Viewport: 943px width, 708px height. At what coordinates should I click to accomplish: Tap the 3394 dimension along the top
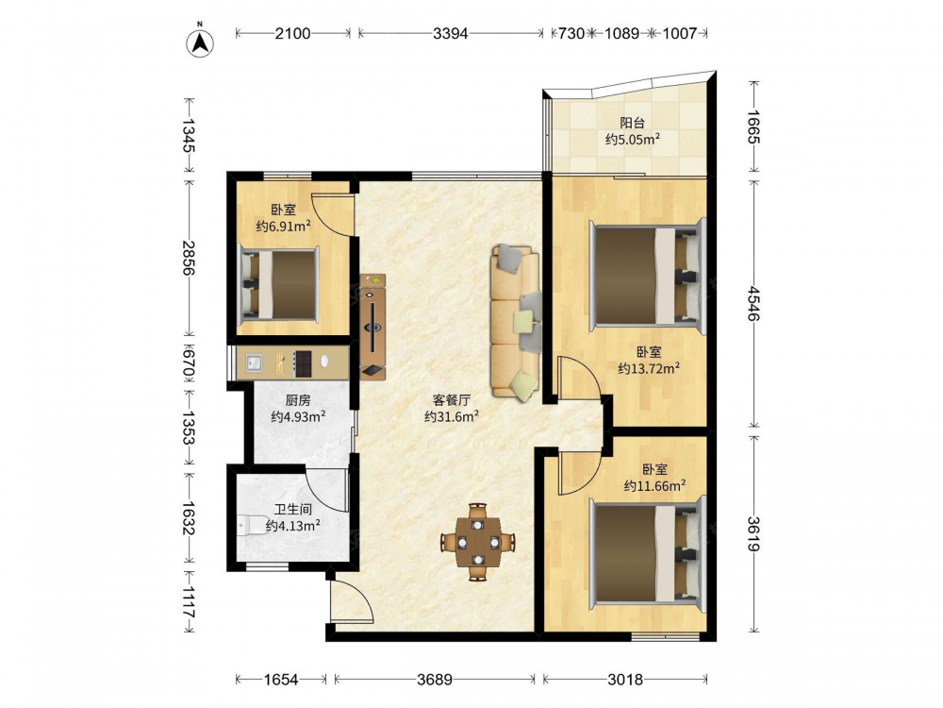(451, 33)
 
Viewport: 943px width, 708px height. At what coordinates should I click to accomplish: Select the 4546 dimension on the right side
(754, 305)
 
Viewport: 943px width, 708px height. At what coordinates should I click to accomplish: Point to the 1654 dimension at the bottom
(281, 680)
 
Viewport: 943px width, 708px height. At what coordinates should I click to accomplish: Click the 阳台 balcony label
(633, 124)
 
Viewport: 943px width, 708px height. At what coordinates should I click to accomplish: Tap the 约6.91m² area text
(283, 227)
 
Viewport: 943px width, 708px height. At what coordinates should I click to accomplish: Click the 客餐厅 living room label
(451, 399)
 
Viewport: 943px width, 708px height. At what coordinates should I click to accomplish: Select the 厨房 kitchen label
(298, 400)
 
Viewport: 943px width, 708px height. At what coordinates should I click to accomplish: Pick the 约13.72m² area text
(649, 368)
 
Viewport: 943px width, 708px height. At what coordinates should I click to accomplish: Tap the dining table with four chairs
(477, 542)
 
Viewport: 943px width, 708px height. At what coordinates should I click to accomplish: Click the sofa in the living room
(516, 321)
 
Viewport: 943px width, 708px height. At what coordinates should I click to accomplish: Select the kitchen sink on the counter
(253, 362)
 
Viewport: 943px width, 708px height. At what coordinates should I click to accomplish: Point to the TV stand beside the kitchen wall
(372, 327)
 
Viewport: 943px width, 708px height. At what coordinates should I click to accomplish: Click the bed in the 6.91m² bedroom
(278, 283)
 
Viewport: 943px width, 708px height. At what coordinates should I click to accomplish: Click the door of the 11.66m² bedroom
(579, 473)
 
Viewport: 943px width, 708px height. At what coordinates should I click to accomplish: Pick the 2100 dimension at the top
(293, 33)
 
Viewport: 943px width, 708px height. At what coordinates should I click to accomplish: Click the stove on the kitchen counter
(302, 363)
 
